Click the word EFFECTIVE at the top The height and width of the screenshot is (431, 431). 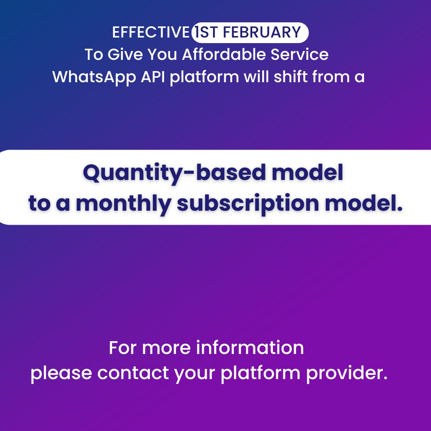[150, 32]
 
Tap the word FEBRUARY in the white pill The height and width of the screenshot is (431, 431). [262, 32]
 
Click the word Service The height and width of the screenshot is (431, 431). [300, 54]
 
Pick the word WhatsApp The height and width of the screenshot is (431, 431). [94, 77]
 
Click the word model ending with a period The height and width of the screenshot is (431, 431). [364, 204]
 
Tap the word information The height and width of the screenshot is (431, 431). [250, 348]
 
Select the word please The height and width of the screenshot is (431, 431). [61, 374]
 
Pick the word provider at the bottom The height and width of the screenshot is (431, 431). [347, 374]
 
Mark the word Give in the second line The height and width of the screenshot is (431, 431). [125, 54]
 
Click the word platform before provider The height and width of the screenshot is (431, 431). [261, 374]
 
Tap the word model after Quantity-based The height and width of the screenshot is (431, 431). [307, 172]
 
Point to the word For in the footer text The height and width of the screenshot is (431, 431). [123, 348]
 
